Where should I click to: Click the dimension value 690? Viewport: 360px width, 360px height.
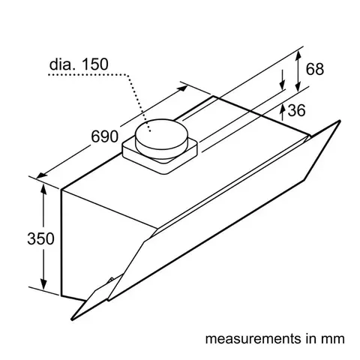click(104, 137)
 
